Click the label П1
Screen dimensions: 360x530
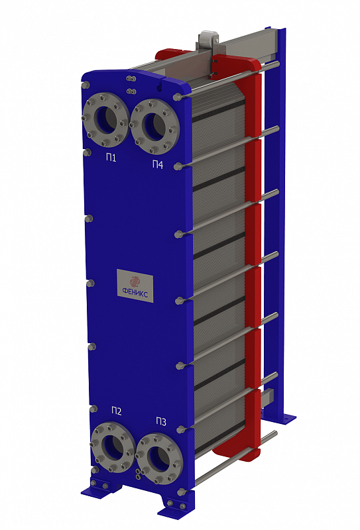click(111, 158)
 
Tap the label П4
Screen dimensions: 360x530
click(158, 164)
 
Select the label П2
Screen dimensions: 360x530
click(117, 411)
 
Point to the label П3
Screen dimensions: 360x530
click(161, 421)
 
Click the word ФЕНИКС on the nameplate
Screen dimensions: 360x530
click(135, 293)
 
